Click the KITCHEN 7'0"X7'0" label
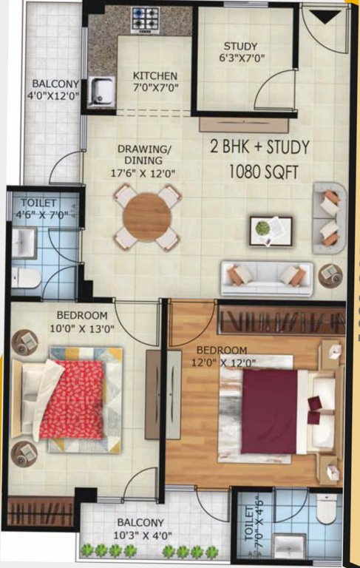[x=154, y=82]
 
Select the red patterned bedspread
[x=72, y=399]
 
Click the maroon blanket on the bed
[x=269, y=411]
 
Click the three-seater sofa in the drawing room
[x=266, y=276]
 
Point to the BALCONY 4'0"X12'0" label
[x=55, y=89]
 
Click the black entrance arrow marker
[x=321, y=17]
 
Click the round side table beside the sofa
[x=330, y=276]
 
